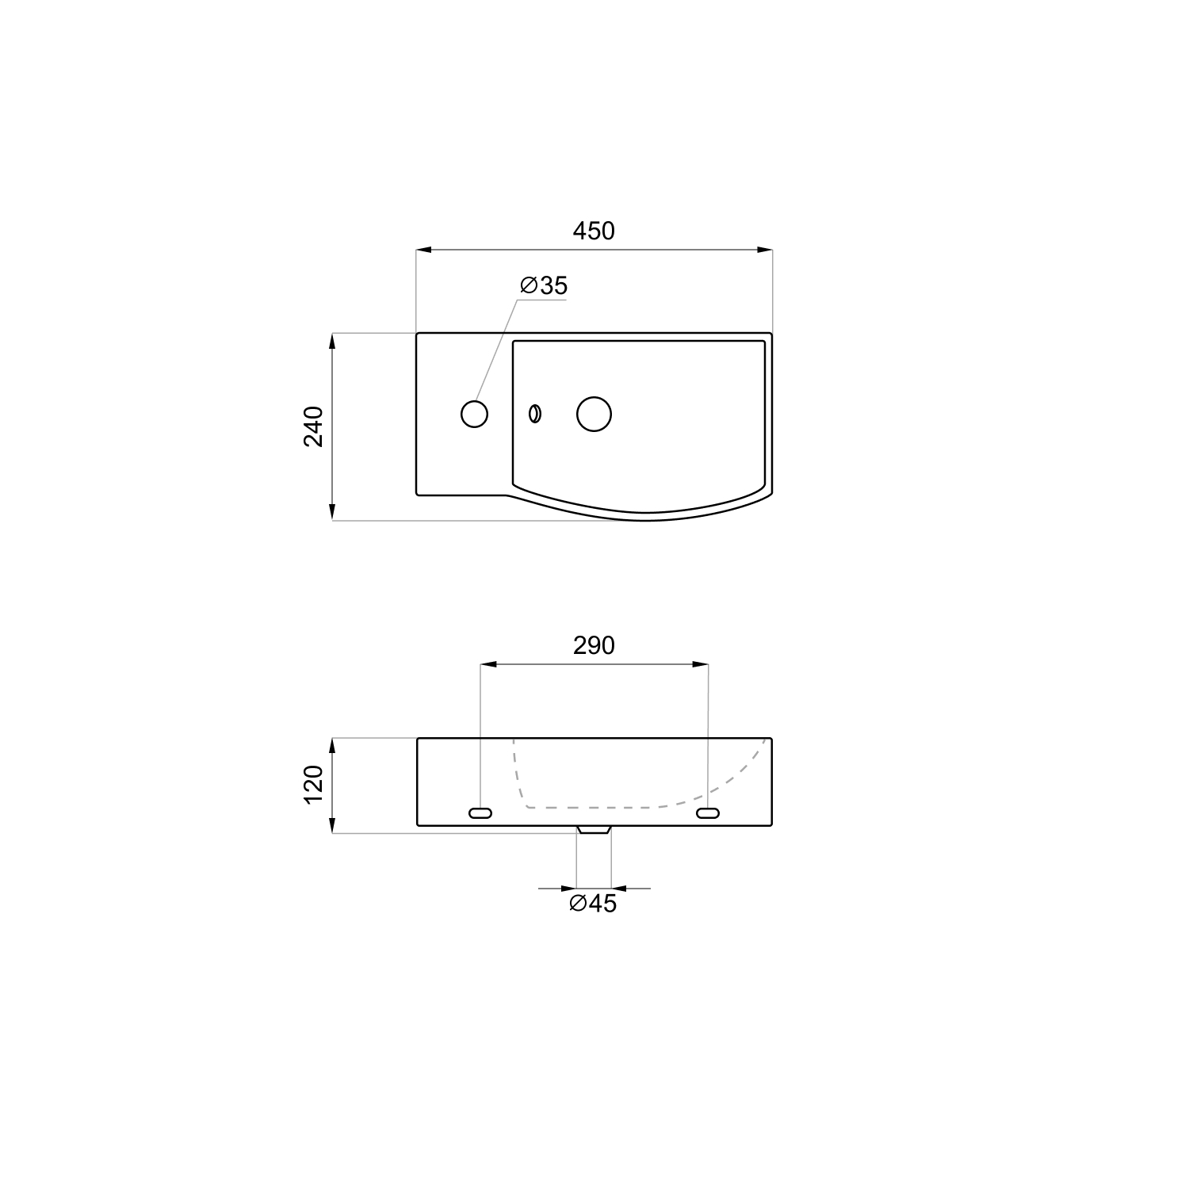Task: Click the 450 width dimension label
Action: pos(594,231)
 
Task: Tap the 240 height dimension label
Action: pos(314,426)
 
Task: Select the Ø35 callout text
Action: pos(544,285)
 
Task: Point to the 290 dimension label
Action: pos(594,646)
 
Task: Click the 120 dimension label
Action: pos(314,785)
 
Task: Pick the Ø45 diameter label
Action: pos(593,904)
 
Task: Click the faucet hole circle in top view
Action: pos(474,414)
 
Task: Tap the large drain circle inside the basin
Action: pos(594,414)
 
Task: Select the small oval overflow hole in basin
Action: pos(535,414)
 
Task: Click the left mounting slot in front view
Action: pos(480,812)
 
